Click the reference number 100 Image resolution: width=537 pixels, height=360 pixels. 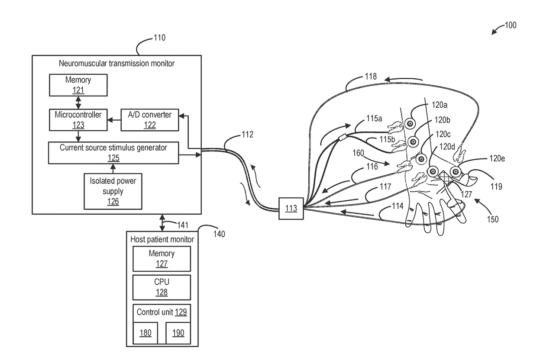pyautogui.click(x=511, y=26)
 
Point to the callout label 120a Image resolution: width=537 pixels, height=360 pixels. pyautogui.click(x=440, y=105)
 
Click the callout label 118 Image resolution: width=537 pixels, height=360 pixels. pyautogui.click(x=371, y=77)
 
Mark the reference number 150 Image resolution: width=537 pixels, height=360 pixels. pyautogui.click(x=493, y=219)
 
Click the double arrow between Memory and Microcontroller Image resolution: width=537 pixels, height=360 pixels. pyautogui.click(x=78, y=103)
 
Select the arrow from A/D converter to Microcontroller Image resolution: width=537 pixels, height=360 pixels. pyautogui.click(x=114, y=120)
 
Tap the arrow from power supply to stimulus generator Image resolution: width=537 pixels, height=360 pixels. pyautogui.click(x=113, y=169)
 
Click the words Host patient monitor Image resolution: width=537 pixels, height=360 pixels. pyautogui.click(x=162, y=239)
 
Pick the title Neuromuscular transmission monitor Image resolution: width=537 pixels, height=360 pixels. pyautogui.click(x=116, y=64)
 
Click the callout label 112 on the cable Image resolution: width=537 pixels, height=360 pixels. pyautogui.click(x=247, y=135)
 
